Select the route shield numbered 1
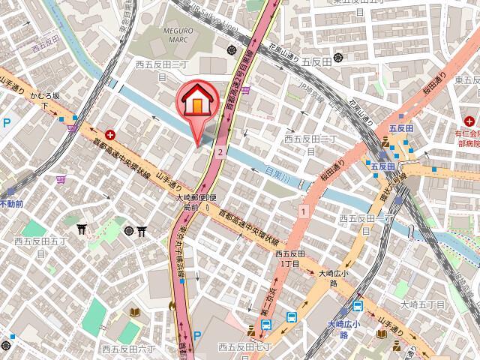tap(303, 213)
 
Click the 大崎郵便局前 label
tap(196, 202)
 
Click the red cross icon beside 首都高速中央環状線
tap(110, 136)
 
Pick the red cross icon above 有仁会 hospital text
tap(469, 121)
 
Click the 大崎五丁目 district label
tap(422, 304)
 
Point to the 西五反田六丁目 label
tap(130, 328)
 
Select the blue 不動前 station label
tap(10, 203)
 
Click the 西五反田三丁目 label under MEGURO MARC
tap(157, 70)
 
